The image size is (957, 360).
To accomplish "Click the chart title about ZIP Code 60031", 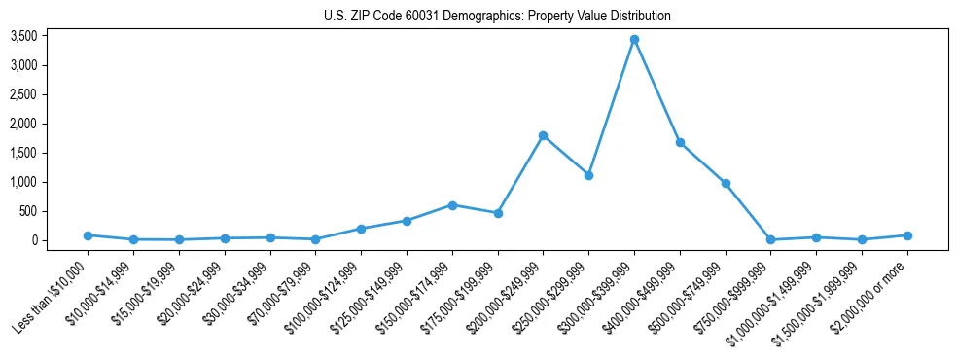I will click(x=497, y=17).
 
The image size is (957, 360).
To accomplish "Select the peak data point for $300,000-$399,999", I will click(x=634, y=40).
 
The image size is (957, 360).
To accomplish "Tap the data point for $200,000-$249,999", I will click(x=543, y=135).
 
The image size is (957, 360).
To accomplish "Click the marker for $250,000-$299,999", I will click(x=588, y=175).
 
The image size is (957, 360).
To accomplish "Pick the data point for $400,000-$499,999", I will click(x=680, y=143).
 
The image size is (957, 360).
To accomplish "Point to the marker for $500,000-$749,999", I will click(x=726, y=183).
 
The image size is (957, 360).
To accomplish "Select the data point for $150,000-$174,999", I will click(x=452, y=205).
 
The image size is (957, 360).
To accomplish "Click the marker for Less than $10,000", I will click(x=88, y=235).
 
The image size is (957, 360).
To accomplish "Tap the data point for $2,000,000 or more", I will click(x=907, y=235).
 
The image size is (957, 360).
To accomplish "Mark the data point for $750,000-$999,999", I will click(x=770, y=239).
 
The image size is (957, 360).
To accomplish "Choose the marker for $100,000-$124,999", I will click(x=361, y=229).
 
